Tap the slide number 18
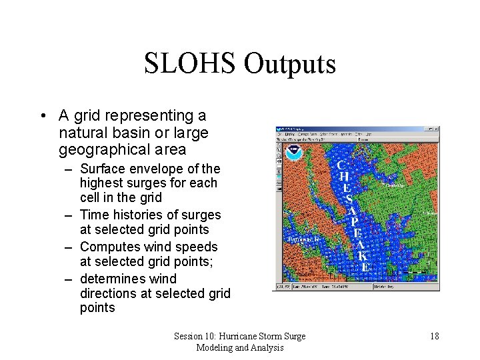(x=434, y=336)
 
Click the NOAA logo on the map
(x=293, y=153)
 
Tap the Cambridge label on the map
(x=395, y=185)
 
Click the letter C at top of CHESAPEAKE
(x=341, y=164)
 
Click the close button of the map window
(x=436, y=129)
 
